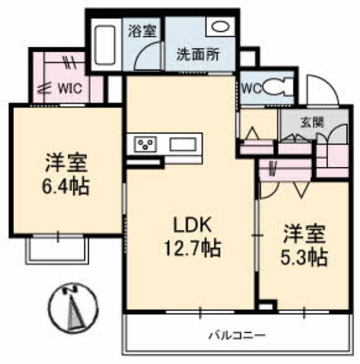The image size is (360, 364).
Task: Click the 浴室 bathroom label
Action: (x=142, y=31)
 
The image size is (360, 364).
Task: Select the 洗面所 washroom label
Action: (x=198, y=55)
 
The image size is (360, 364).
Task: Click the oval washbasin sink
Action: (x=221, y=27)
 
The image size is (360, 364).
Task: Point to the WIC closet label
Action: (x=70, y=89)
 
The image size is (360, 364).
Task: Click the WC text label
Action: (x=251, y=88)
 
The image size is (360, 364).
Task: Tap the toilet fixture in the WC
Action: (x=278, y=88)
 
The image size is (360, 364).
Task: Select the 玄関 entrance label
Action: (x=312, y=122)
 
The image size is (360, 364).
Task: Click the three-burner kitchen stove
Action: (x=146, y=144)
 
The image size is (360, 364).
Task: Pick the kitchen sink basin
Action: (x=183, y=144)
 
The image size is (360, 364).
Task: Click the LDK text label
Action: (x=193, y=225)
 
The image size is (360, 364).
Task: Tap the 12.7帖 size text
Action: (x=192, y=248)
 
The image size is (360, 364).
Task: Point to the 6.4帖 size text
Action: (x=65, y=187)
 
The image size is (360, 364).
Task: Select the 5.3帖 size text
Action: (x=304, y=257)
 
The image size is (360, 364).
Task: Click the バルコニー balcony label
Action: (x=237, y=336)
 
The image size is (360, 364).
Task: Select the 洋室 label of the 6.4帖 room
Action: (x=67, y=163)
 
